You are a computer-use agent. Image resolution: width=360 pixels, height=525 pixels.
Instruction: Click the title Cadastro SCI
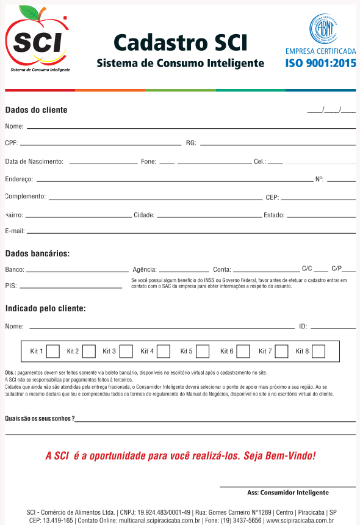click(181, 43)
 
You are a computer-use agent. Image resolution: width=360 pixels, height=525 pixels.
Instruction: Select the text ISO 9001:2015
click(320, 63)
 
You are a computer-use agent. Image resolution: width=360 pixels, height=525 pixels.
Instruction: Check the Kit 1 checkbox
click(53, 351)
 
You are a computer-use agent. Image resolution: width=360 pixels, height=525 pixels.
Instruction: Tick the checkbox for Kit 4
click(164, 351)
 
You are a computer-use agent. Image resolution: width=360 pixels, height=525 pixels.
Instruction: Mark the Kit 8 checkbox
click(318, 351)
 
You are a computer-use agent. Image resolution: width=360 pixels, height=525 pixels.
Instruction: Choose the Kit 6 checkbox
click(243, 351)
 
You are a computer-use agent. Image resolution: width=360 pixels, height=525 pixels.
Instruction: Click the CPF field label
click(11, 143)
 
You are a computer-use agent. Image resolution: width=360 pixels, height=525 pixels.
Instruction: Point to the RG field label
click(191, 143)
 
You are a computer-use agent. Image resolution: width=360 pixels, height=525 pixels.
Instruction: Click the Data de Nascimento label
click(34, 162)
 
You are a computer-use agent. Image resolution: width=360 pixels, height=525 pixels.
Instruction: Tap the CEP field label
click(272, 197)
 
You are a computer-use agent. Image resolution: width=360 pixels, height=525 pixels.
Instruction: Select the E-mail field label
click(15, 231)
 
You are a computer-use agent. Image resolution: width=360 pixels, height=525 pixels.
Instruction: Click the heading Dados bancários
click(37, 253)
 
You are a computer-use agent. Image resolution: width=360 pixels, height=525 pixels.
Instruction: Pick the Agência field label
click(145, 269)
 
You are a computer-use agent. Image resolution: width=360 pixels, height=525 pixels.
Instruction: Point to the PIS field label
click(10, 285)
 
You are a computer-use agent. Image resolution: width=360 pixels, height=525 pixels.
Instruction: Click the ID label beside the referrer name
click(303, 327)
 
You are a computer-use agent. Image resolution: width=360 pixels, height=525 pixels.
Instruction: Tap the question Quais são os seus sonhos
click(40, 418)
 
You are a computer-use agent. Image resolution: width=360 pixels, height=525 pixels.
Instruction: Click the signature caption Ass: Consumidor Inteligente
click(287, 492)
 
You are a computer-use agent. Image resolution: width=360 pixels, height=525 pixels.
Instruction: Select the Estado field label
click(274, 215)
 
